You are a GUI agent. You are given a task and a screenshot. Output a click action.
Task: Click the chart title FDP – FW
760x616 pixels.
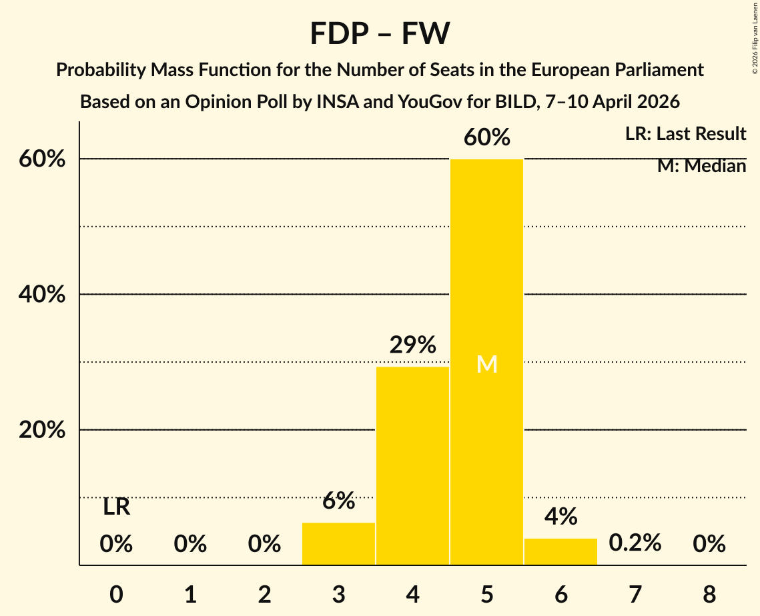point(380,33)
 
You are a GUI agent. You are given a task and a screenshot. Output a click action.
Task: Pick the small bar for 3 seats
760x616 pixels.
point(338,543)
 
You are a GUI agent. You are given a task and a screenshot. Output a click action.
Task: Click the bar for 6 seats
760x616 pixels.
point(560,551)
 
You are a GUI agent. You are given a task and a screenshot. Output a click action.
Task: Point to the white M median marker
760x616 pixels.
point(486,364)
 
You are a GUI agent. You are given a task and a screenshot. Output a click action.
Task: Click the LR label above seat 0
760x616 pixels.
point(116,507)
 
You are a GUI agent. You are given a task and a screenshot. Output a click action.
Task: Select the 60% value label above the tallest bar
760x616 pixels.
point(486,137)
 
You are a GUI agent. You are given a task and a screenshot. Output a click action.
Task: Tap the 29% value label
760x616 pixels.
point(412,345)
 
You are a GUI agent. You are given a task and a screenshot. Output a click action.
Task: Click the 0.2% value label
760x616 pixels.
point(635,543)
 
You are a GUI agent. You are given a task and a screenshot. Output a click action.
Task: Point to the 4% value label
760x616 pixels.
point(560,517)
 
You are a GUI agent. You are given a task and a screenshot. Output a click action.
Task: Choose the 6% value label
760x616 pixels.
point(338,501)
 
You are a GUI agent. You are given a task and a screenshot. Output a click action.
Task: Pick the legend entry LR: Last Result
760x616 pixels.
point(685,134)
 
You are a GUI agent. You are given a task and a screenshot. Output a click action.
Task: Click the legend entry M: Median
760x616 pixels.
point(701,166)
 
